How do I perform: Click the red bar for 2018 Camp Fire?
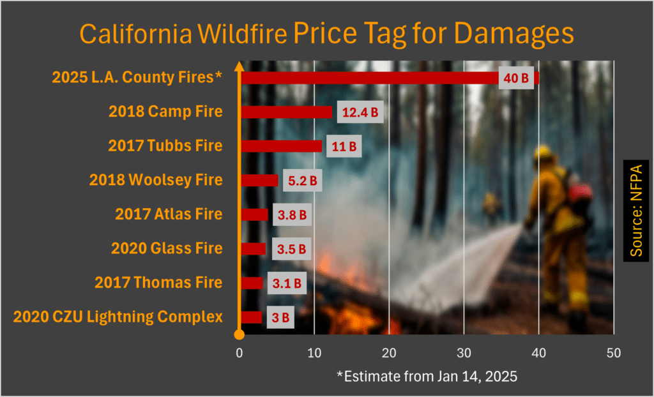point(286,112)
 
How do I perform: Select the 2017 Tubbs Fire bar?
point(282,146)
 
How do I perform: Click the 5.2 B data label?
point(302,181)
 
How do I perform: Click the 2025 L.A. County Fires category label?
point(137,78)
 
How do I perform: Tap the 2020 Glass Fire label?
point(167,248)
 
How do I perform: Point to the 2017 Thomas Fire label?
point(158,283)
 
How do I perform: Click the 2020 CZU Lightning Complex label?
point(118,317)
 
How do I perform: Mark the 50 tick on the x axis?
point(613,352)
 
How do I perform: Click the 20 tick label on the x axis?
point(388,352)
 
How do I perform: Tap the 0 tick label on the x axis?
point(240,352)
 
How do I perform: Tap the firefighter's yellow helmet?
point(543,153)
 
